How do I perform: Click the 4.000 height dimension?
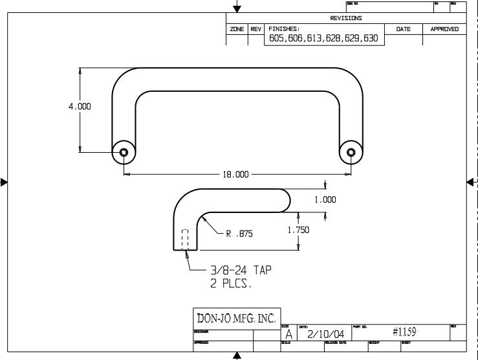tap(80, 107)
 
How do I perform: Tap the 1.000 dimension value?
tap(325, 200)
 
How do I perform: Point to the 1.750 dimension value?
tap(298, 230)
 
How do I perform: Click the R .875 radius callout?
tap(239, 234)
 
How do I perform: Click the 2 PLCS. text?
tap(231, 284)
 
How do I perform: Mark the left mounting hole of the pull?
tap(124, 153)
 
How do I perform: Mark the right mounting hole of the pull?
tap(351, 153)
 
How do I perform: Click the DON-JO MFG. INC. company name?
tap(236, 318)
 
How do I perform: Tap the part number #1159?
tap(404, 332)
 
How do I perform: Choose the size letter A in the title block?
tap(288, 335)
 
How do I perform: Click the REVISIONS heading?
tap(346, 18)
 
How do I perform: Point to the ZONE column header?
tap(237, 29)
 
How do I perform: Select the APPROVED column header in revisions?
tap(444, 29)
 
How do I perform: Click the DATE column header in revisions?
tap(403, 29)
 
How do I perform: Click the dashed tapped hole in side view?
tap(185, 239)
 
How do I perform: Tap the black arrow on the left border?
tap(5, 183)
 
